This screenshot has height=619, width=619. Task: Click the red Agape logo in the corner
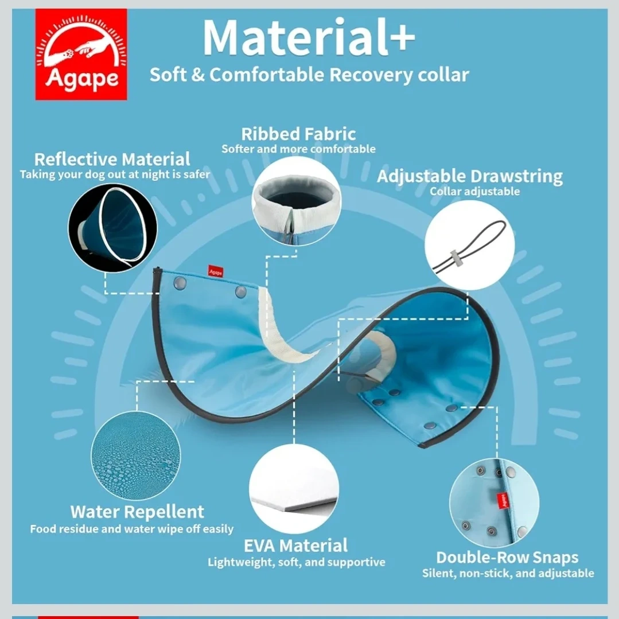[81, 54]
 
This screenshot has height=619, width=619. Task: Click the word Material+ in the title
[309, 37]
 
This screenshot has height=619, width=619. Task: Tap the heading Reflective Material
[112, 159]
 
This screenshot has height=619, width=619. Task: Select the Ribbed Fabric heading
[298, 134]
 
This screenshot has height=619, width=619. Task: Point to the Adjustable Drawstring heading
[470, 177]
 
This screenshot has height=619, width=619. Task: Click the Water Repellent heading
[137, 512]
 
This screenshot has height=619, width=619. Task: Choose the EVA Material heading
[295, 546]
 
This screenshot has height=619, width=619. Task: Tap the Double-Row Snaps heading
[507, 558]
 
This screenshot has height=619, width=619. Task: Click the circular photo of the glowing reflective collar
[112, 228]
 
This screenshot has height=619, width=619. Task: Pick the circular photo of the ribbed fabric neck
[297, 201]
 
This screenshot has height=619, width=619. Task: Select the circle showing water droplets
[136, 456]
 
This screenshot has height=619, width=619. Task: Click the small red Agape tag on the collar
[216, 271]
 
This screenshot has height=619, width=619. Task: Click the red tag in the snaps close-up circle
[503, 501]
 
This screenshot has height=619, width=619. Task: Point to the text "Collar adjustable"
[474, 192]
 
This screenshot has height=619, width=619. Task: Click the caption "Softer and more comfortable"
[298, 149]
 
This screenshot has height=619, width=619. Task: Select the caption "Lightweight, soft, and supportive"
[297, 562]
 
